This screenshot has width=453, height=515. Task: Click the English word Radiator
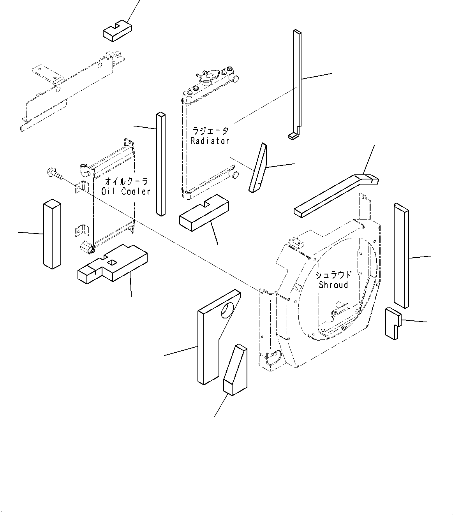tap(210, 141)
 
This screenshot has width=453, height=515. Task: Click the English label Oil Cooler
tap(126, 191)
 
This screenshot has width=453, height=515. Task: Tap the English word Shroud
tap(333, 285)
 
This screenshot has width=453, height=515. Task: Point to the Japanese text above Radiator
tap(210, 131)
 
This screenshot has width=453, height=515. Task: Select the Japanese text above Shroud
tap(333, 275)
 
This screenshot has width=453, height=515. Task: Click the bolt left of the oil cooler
tap(54, 173)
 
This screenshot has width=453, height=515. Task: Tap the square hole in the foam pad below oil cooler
tap(112, 264)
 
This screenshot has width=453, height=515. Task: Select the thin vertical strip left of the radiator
tap(160, 164)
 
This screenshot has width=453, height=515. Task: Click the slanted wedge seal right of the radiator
tap(258, 168)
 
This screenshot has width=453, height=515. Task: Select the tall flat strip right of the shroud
tap(401, 255)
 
